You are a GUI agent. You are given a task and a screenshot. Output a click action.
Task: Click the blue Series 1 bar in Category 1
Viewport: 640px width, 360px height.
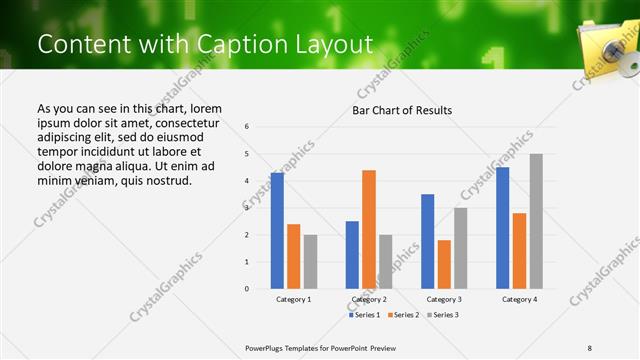[x=277, y=231]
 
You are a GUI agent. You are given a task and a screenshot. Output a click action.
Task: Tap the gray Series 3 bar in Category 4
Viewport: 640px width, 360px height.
[x=536, y=221]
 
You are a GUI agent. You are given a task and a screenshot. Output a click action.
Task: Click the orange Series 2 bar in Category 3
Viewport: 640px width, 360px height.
[x=444, y=264]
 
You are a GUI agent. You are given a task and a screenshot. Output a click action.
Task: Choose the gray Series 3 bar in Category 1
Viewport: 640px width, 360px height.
[x=310, y=262]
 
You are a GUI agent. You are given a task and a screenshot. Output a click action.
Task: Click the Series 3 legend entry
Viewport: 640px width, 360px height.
[x=440, y=315]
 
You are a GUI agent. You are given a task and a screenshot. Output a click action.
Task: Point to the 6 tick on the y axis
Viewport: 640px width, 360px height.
[x=247, y=127]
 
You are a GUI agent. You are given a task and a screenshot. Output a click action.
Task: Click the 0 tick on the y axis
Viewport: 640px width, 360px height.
[x=247, y=289]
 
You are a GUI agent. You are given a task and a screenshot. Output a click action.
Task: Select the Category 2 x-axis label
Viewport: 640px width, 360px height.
[x=368, y=299]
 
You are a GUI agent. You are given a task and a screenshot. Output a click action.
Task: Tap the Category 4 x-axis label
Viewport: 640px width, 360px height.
[x=518, y=299]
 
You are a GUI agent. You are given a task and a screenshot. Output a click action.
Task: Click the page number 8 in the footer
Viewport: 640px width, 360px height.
[x=590, y=348]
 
